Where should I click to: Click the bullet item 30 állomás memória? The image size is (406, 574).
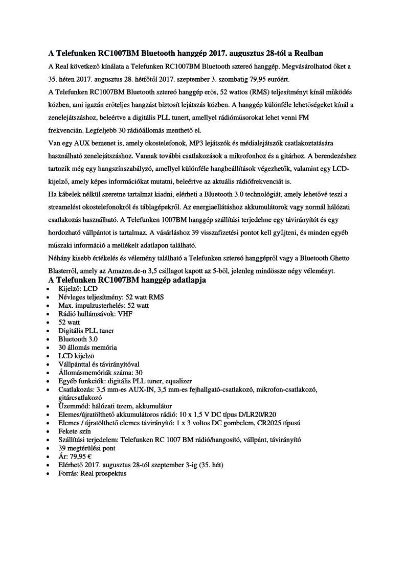coord(87,347)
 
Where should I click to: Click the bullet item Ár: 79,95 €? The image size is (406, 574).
coord(75,456)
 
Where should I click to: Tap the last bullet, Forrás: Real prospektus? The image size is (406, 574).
coord(93,473)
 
